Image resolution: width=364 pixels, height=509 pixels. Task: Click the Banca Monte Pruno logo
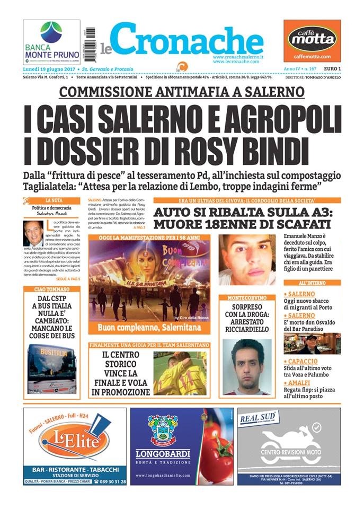[x=51, y=42]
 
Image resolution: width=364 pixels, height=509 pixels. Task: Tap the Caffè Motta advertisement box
[x=312, y=42]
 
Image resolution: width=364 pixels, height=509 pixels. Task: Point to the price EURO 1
[x=332, y=69]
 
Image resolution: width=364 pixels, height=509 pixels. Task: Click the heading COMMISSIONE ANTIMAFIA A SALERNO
[x=182, y=91]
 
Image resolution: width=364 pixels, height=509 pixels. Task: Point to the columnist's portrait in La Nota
[x=33, y=234]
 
